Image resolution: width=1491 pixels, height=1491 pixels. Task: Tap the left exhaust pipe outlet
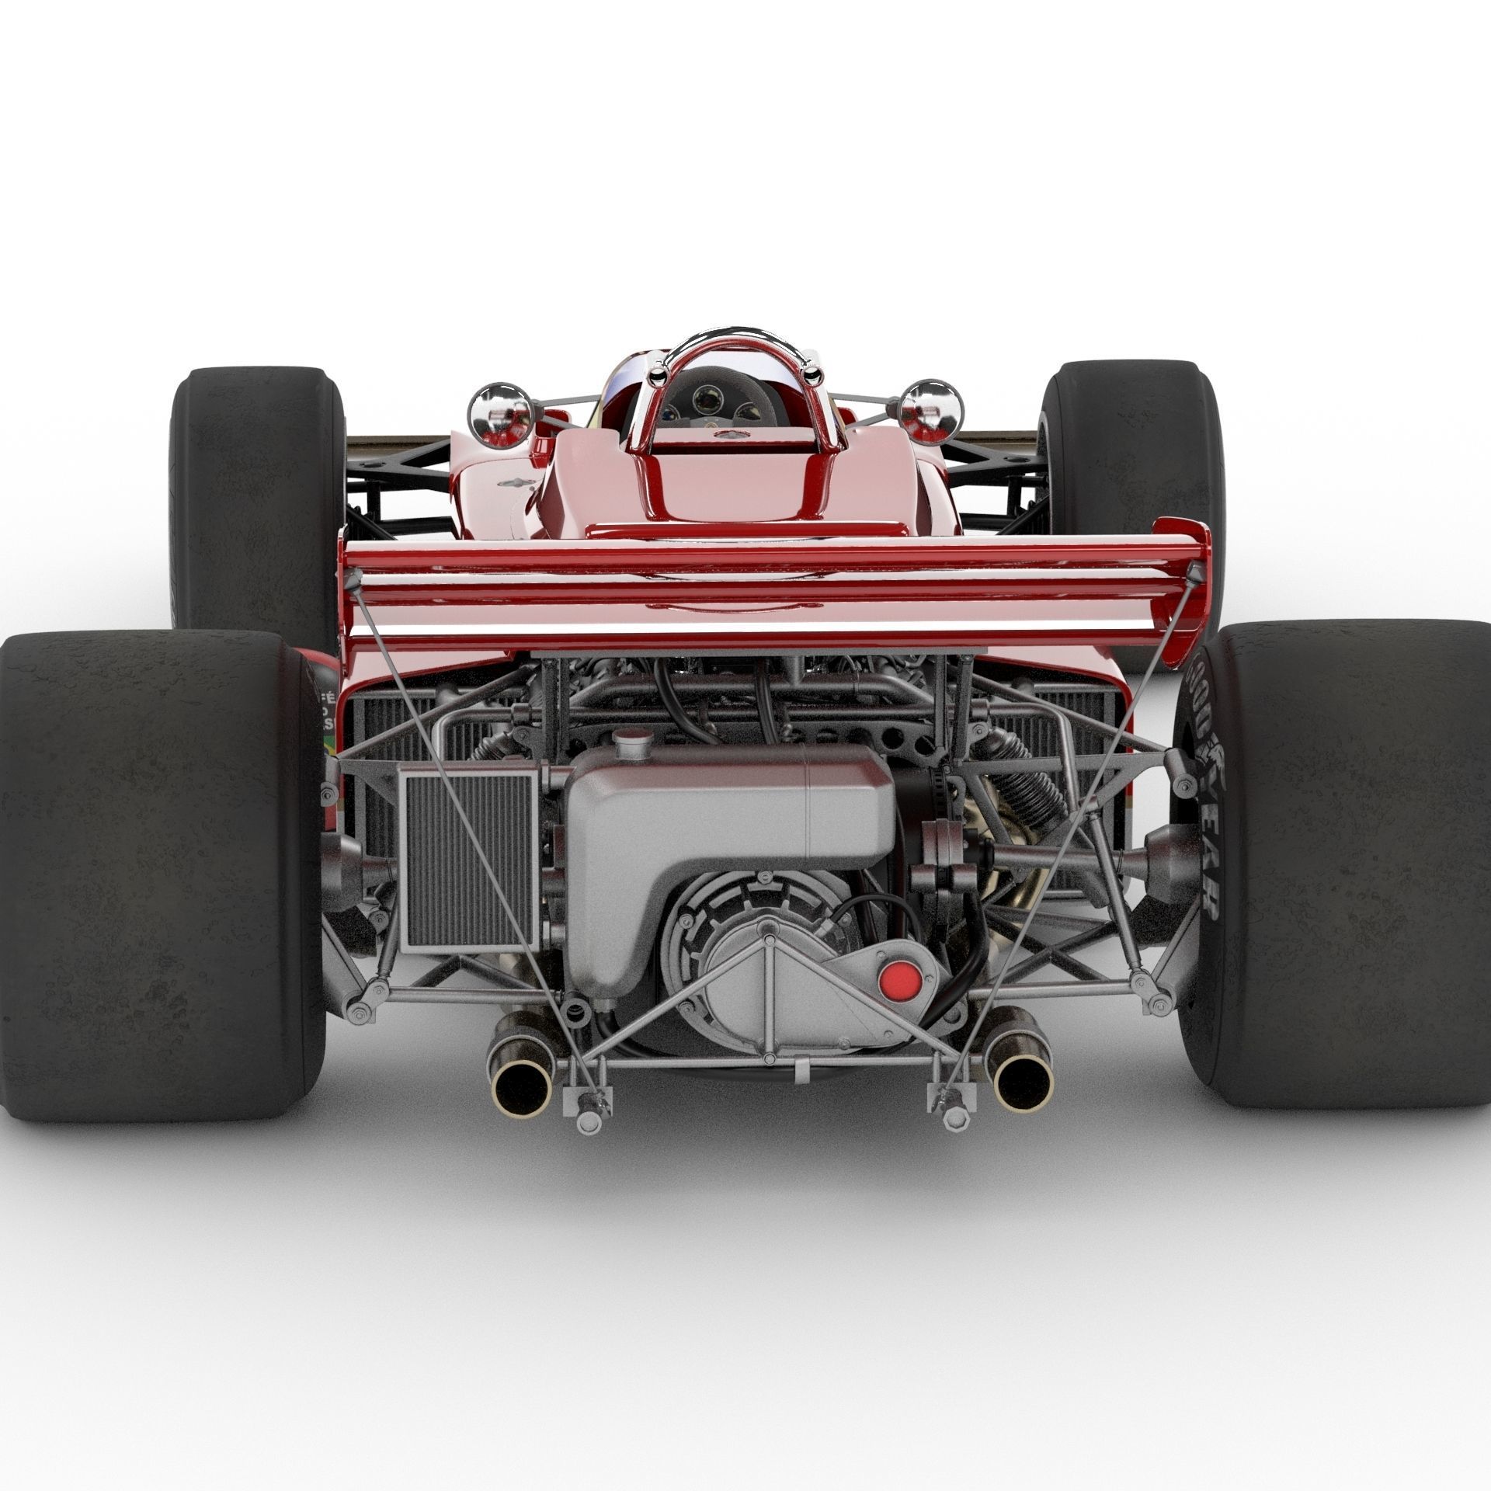click(x=516, y=1076)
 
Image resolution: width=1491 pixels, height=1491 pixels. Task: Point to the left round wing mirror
click(x=500, y=410)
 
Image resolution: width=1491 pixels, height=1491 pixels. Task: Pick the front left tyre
click(x=256, y=497)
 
